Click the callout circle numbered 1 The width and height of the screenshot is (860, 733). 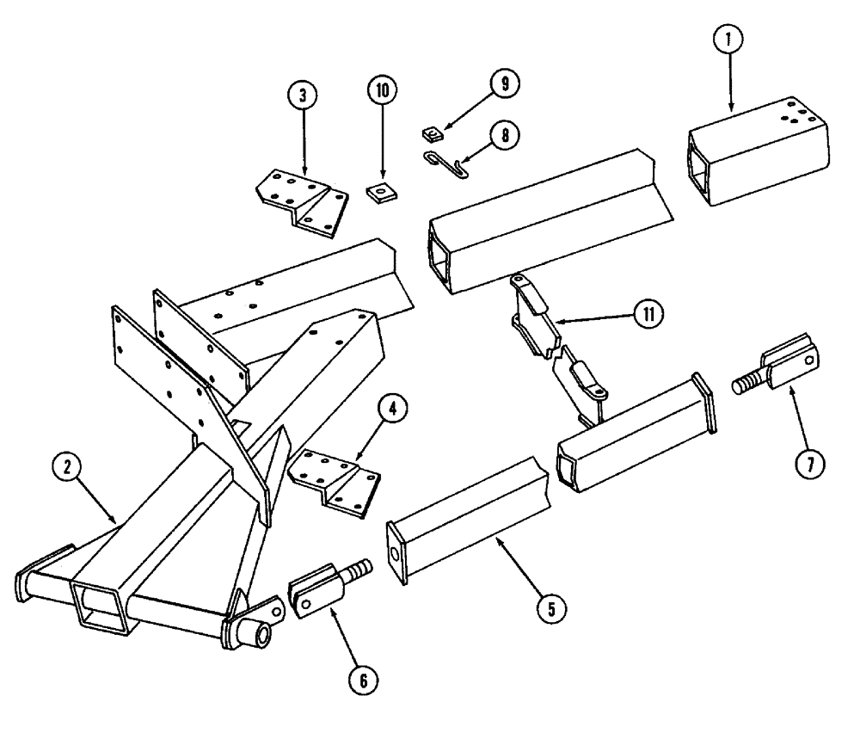(728, 38)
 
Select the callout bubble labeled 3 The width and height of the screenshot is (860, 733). (301, 96)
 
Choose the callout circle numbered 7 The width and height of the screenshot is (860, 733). (810, 464)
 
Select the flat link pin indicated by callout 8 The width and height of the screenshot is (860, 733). (448, 163)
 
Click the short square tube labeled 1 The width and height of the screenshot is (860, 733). (757, 153)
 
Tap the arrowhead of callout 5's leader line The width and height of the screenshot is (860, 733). (496, 539)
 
